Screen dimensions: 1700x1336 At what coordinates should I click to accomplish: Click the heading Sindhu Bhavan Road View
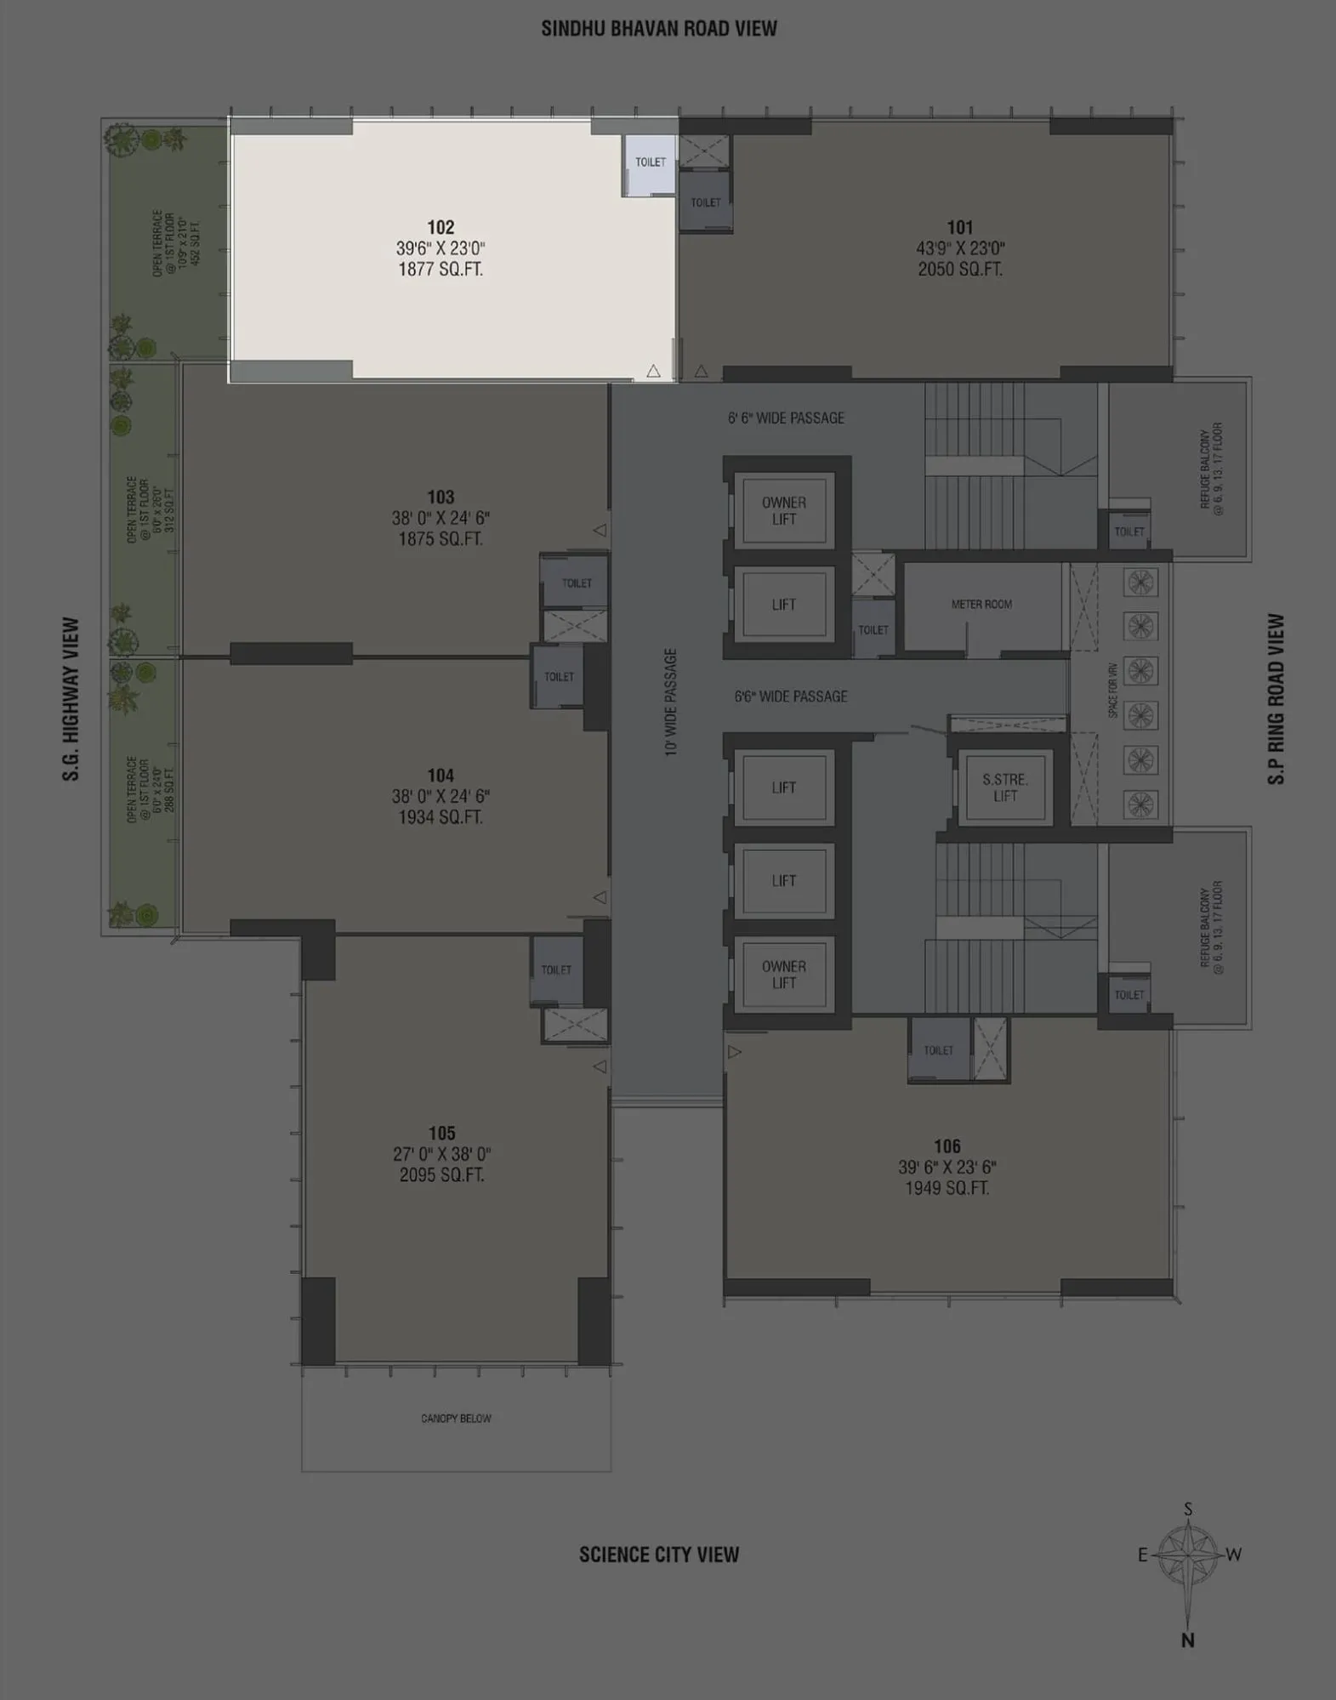[659, 29]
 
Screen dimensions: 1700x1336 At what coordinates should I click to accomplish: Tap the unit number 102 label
[441, 227]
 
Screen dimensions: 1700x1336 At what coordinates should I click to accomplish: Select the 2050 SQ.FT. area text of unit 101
[959, 270]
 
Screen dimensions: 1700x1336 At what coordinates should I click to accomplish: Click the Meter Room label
[981, 604]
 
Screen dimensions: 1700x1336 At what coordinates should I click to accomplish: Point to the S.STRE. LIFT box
[1004, 787]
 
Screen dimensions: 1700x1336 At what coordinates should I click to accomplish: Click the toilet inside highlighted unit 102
[651, 162]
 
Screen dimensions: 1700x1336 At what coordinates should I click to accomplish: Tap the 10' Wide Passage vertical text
[671, 702]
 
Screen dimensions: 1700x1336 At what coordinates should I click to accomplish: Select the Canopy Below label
[456, 1419]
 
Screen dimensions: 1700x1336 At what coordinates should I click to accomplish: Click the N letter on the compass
[1187, 1640]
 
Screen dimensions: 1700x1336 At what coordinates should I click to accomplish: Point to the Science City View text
[659, 1555]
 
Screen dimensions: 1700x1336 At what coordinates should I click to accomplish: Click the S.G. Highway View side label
[71, 699]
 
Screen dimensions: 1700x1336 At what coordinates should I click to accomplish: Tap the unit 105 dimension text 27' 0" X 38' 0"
[441, 1154]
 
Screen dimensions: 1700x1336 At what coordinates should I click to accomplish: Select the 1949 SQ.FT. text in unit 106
[947, 1188]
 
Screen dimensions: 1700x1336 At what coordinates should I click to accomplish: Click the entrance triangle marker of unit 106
[735, 1052]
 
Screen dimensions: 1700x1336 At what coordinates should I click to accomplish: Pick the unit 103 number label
[441, 497]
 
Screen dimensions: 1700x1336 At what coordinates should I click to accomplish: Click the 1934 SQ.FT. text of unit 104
[441, 817]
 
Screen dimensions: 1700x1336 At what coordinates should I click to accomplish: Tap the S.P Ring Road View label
[1276, 699]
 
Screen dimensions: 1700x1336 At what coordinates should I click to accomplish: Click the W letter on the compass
[1234, 1555]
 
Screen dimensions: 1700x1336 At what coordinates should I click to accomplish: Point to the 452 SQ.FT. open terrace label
[197, 242]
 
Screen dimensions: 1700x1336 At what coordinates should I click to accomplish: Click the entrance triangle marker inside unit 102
[653, 371]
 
